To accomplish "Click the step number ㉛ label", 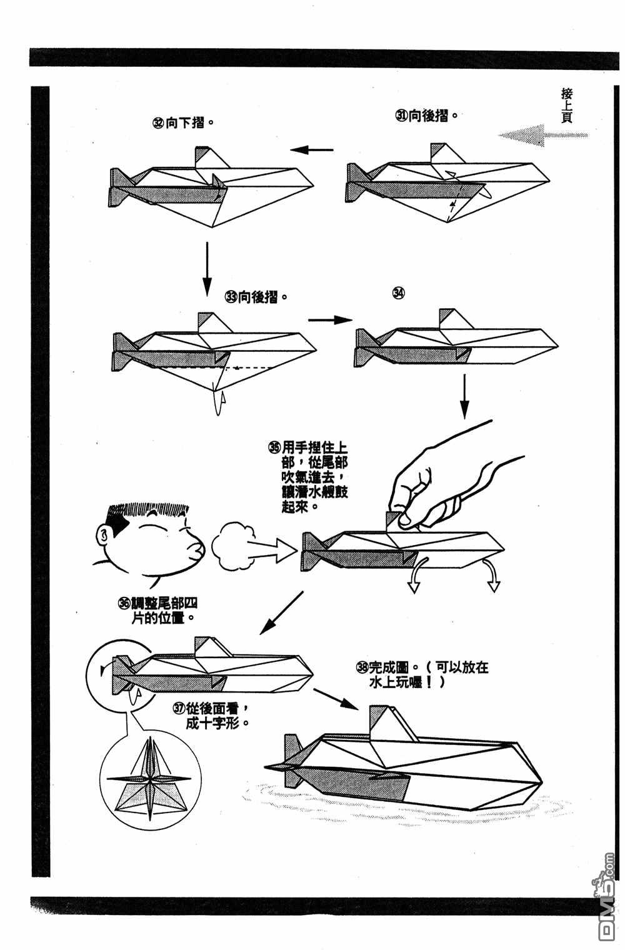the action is tap(401, 116).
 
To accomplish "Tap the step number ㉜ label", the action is tap(159, 123).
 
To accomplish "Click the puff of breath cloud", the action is tap(233, 542).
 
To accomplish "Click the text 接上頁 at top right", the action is tap(567, 106).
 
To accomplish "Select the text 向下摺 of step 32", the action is tap(186, 123).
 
